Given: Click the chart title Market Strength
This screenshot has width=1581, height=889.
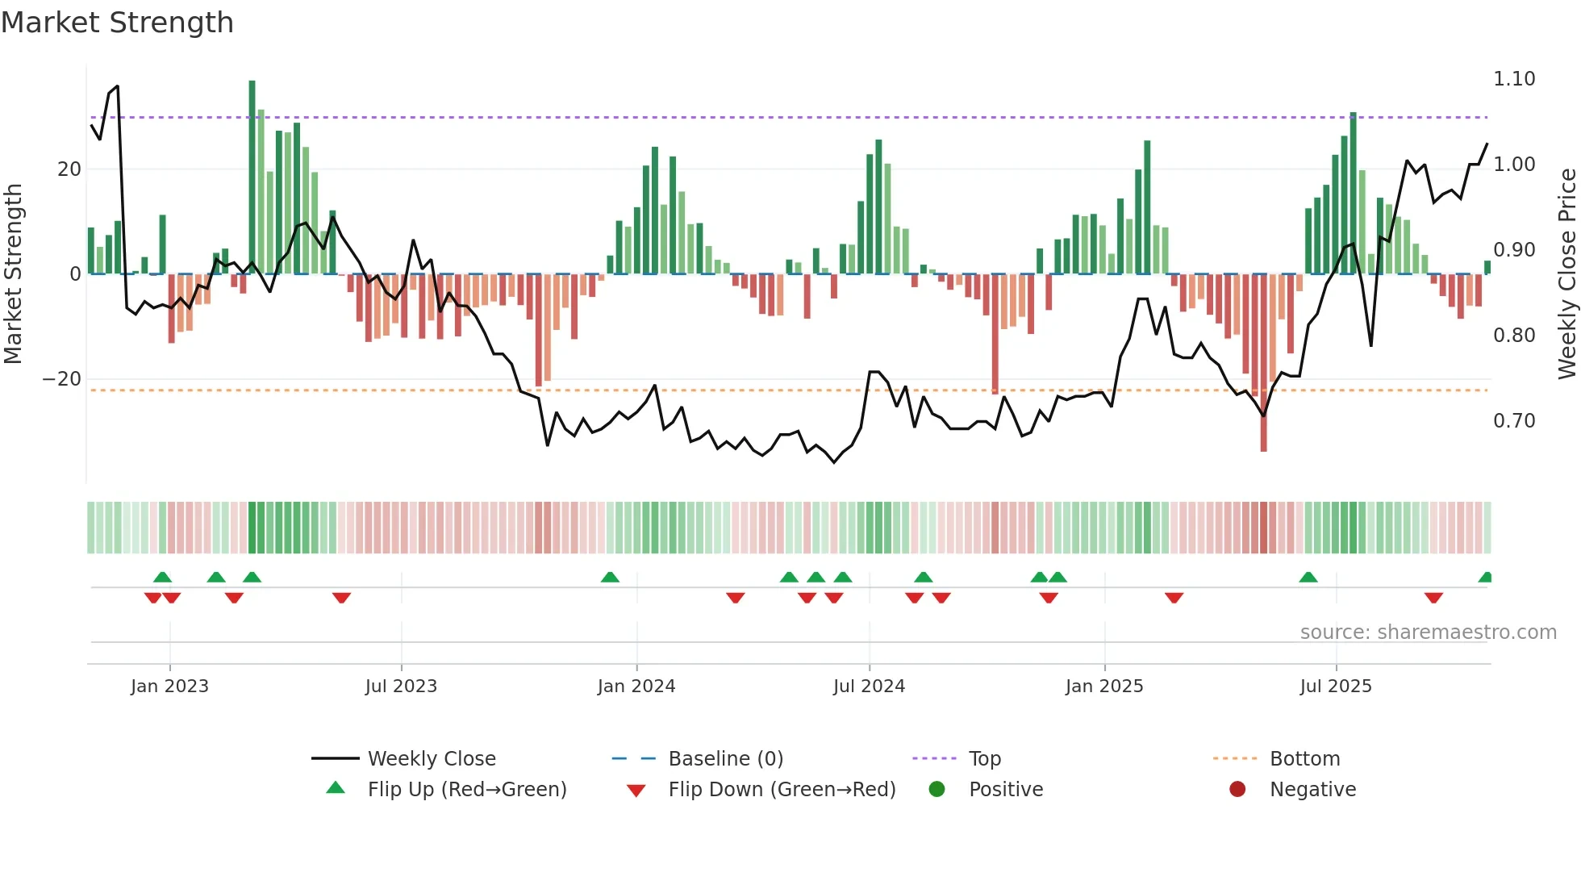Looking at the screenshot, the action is coord(117,23).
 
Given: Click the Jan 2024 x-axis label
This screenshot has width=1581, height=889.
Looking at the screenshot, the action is coord(636,687).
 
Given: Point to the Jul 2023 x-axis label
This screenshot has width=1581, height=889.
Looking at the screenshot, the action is coord(401,687).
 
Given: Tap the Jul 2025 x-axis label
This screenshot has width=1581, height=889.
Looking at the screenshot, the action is coord(1335,687).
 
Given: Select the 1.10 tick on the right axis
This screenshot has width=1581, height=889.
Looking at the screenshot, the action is coord(1513,79).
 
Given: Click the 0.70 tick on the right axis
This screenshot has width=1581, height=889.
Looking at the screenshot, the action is coord(1513,421).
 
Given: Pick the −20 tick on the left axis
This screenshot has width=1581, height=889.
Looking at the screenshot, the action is coord(62,379).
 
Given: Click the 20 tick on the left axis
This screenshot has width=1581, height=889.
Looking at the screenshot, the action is coord(69,169).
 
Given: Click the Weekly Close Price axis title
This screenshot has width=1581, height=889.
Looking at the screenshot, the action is coord(1566,274).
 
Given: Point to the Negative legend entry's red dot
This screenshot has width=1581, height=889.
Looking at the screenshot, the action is coord(1237,790).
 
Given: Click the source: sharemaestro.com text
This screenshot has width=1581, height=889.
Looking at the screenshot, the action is coord(1428,632).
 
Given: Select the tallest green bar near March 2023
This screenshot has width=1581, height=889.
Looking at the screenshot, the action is coord(252,177).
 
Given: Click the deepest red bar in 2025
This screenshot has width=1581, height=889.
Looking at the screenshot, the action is coord(1263,363).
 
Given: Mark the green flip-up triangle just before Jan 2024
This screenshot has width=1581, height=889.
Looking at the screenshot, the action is coord(610,578).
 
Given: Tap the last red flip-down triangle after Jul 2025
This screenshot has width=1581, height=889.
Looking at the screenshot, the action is coord(1433,598).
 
